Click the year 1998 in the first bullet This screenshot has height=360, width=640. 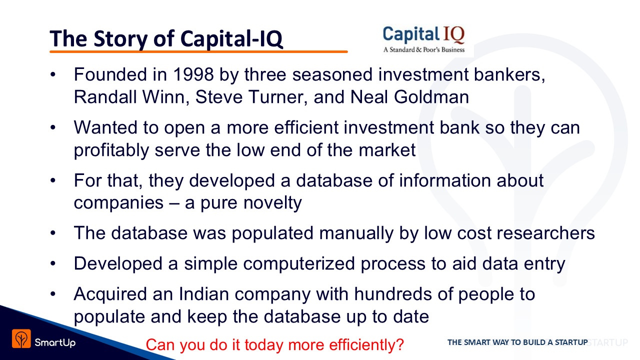click(193, 74)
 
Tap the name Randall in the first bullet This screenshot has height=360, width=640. click(105, 97)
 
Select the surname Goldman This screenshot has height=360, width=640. click(431, 97)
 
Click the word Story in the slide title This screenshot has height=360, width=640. click(120, 38)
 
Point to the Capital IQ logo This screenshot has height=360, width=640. click(423, 39)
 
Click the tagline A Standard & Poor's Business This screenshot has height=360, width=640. click(424, 49)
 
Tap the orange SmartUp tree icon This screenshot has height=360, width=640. click(21, 338)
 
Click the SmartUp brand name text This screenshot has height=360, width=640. click(55, 342)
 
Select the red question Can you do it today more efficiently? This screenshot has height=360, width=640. click(275, 344)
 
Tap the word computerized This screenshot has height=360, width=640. click(299, 263)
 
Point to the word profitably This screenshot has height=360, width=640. click(111, 150)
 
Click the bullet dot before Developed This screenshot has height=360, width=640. click(53, 263)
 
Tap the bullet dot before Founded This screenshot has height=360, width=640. click(53, 74)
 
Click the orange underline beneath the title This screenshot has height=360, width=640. click(198, 51)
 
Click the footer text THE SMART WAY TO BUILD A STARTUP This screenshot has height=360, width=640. click(517, 342)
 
